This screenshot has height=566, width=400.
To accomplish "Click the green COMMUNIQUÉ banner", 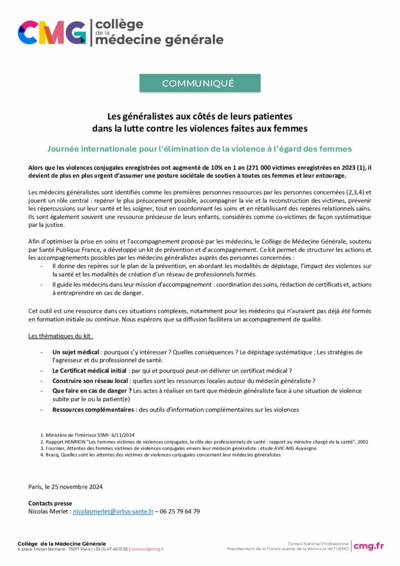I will [199, 83].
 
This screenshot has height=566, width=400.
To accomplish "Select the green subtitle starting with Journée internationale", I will [199, 149].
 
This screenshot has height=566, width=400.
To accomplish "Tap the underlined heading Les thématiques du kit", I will [61, 337].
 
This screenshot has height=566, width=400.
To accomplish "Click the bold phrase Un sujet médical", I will [76, 352].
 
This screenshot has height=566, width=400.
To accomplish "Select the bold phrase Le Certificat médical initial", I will [90, 370].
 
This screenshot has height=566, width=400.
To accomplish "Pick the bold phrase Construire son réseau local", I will [91, 381].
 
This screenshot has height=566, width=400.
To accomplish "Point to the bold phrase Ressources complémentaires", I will [92, 410].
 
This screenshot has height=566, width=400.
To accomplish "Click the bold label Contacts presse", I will [50, 504].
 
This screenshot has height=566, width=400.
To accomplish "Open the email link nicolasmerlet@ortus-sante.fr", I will [113, 512].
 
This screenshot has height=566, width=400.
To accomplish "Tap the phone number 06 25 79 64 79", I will [180, 512].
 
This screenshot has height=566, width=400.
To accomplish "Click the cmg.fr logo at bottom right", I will [369, 546].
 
